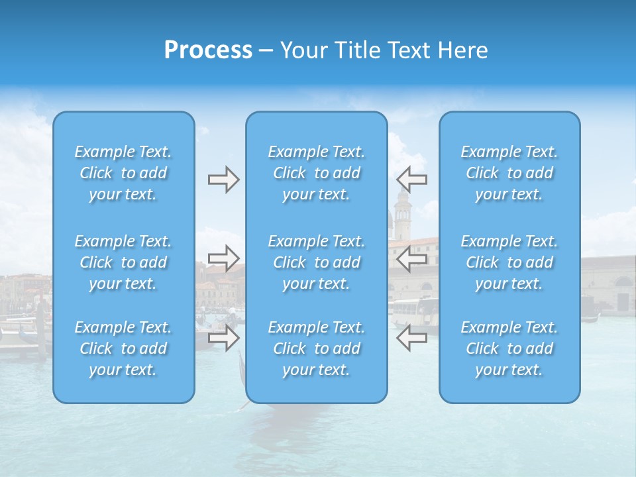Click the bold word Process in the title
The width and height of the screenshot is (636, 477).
(208, 50)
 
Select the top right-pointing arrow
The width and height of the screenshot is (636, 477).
(223, 180)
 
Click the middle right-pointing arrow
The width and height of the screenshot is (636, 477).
(223, 258)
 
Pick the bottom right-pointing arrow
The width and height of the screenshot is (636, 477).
(223, 338)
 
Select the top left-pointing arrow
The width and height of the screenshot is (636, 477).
(411, 180)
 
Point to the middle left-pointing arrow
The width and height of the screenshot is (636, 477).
(411, 258)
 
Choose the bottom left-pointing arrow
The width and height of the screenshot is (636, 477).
(411, 338)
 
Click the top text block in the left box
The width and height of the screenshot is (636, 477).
(123, 173)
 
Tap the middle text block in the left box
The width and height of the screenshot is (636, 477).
(123, 262)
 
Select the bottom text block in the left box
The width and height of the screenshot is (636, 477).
(123, 348)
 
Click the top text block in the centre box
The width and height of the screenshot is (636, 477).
(316, 173)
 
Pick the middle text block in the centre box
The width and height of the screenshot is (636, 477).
(316, 262)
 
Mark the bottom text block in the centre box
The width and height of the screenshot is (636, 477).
(316, 348)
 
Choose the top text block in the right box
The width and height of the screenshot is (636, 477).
(509, 173)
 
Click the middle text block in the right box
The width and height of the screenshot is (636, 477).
(509, 262)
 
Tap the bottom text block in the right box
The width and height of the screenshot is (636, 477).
(509, 348)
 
